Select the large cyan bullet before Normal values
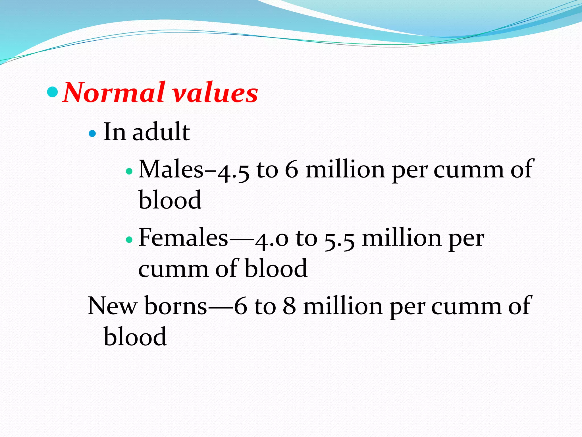pyautogui.click(x=52, y=91)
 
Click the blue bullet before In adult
pyautogui.click(x=92, y=133)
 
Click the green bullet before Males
pyautogui.click(x=129, y=171)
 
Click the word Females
pyautogui.click(x=183, y=238)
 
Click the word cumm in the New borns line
pyautogui.click(x=466, y=307)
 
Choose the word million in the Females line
pyautogui.click(x=402, y=238)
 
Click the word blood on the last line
pyautogui.click(x=135, y=337)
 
